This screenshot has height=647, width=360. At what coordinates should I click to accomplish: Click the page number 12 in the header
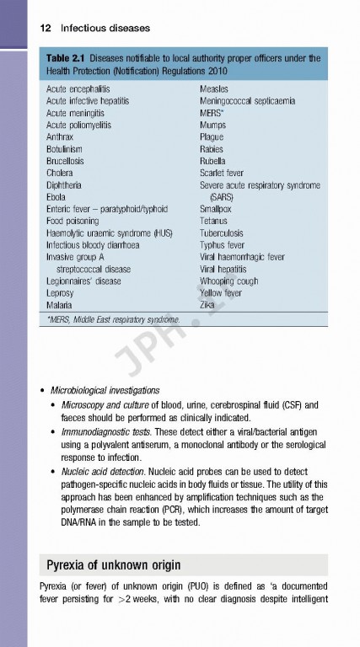[46, 28]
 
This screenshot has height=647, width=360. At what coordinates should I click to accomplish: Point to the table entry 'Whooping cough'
[228, 281]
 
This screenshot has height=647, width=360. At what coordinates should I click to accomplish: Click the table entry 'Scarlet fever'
[223, 172]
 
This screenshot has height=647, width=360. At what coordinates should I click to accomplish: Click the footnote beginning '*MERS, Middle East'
[114, 319]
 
